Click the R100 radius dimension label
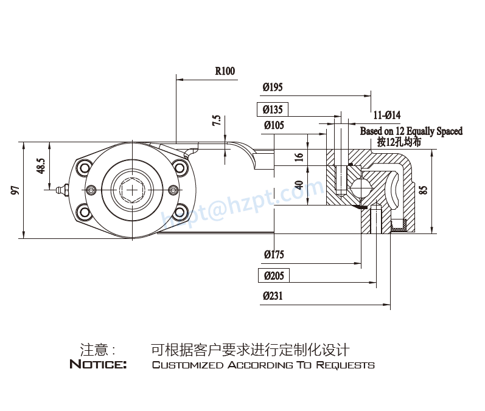coord(225,71)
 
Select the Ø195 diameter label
coord(273,88)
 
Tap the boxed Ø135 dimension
coord(273,110)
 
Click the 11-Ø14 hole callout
coord(386,116)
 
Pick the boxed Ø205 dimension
coord(274,276)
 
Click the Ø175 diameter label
coord(273,255)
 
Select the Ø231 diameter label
coord(273,296)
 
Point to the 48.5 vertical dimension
coord(40,166)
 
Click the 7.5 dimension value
coord(216,120)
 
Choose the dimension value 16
coord(298,156)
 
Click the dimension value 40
coord(298,185)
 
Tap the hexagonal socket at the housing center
coord(132,190)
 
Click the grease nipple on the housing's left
coord(60,190)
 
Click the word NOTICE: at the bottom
coord(98,365)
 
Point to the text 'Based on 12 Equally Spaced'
coord(411,131)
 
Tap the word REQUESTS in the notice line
coord(345,365)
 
